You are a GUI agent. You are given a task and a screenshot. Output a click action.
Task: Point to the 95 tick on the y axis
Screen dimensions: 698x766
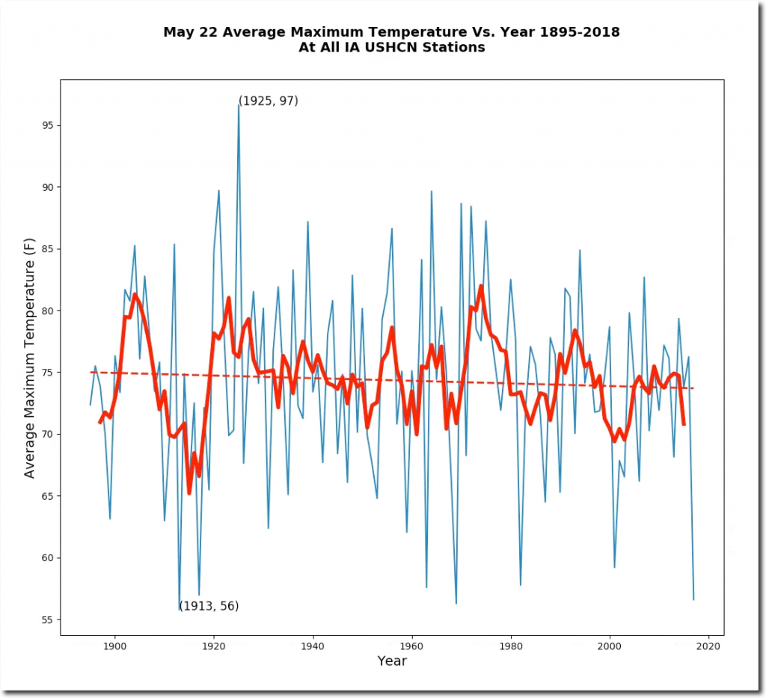(x=61, y=126)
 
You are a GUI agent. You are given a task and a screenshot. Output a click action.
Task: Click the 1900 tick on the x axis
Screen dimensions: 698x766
(x=114, y=636)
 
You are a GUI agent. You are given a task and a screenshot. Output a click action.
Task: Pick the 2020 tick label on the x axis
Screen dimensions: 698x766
(x=708, y=645)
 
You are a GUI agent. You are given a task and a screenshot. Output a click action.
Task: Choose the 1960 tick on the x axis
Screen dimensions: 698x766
(x=411, y=636)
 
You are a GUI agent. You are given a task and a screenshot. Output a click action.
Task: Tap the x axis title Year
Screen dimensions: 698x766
(x=392, y=661)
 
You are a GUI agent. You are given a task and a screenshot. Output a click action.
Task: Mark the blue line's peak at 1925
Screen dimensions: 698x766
(x=239, y=104)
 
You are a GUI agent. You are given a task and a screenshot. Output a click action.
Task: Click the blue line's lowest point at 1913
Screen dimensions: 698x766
(x=180, y=610)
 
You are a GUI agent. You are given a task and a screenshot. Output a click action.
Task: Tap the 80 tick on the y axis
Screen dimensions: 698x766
(x=61, y=311)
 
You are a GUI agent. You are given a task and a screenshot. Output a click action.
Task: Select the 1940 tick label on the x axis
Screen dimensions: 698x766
(x=313, y=645)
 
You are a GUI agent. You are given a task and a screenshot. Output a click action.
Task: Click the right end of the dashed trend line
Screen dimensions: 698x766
(x=693, y=388)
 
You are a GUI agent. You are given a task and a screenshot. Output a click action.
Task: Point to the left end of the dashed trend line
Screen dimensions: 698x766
(x=91, y=372)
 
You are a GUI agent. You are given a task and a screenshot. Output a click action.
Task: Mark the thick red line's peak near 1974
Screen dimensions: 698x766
(x=481, y=286)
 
